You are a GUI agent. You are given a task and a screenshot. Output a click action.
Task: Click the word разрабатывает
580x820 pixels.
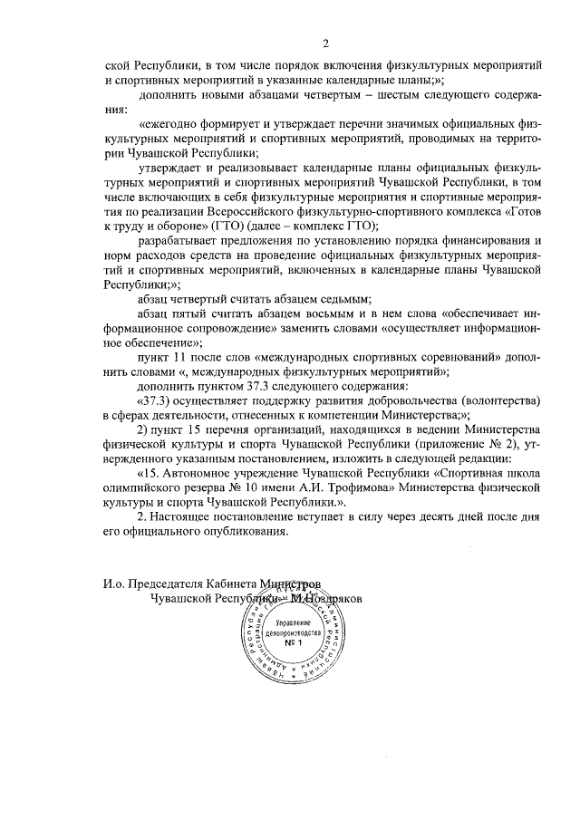(x=181, y=240)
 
